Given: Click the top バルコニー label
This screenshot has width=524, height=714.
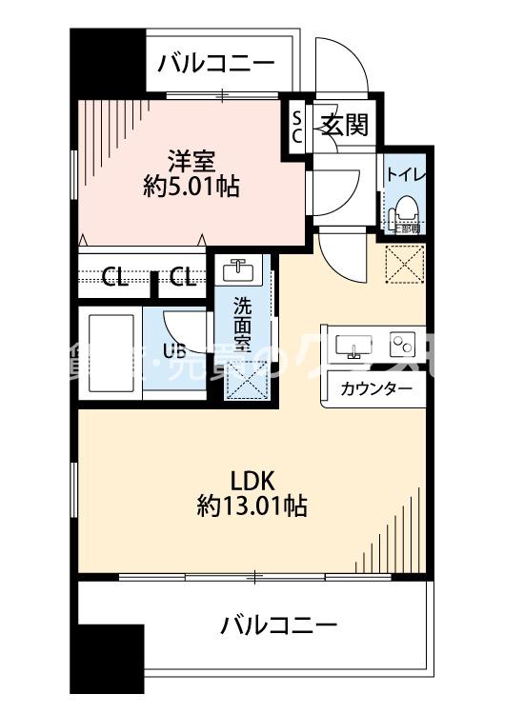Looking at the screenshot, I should pyautogui.click(x=216, y=64).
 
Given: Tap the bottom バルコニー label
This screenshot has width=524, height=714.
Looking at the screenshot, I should pyautogui.click(x=279, y=625).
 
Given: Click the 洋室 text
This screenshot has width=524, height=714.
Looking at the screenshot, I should pyautogui.click(x=191, y=158).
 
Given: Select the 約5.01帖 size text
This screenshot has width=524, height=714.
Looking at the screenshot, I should pyautogui.click(x=191, y=187).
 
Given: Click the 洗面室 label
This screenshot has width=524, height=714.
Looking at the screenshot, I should pyautogui.click(x=243, y=326).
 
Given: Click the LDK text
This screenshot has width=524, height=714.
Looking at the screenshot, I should pyautogui.click(x=252, y=478).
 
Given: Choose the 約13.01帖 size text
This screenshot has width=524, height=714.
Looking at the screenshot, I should pyautogui.click(x=252, y=506).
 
